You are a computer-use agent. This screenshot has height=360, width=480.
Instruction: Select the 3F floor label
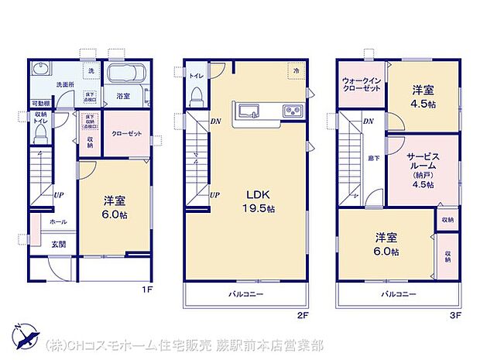click(x=458, y=315)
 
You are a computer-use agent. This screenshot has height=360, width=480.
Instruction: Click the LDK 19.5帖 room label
click(x=259, y=201)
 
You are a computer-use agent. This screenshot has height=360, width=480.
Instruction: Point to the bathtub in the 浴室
click(x=123, y=76)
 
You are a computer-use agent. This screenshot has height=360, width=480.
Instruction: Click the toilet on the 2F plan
click(x=196, y=98)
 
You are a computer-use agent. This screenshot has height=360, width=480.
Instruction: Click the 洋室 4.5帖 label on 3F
click(x=422, y=94)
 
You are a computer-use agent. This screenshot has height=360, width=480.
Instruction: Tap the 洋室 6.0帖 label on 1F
click(x=115, y=208)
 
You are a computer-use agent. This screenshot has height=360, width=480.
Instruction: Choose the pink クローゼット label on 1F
click(x=126, y=133)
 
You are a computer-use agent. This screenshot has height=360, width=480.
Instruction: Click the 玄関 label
click(x=59, y=245)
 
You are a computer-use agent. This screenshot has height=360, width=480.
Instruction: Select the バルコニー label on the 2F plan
click(x=245, y=294)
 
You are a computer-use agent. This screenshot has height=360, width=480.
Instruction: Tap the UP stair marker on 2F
click(x=214, y=194)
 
